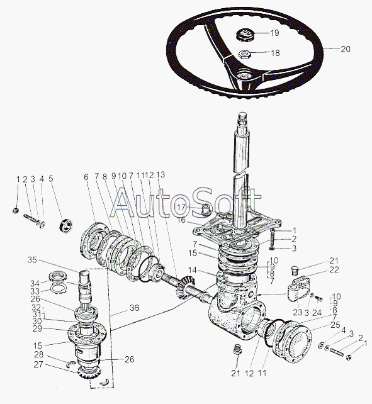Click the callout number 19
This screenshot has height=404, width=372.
274,33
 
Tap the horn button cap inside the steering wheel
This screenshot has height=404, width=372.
245,35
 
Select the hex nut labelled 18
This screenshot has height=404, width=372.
244,54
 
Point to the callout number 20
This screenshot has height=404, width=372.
346,49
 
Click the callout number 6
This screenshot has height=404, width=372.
86,177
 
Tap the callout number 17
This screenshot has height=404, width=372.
182,207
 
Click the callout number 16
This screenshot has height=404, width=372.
181,220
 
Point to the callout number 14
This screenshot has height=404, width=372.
192,270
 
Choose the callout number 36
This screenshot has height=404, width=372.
134,308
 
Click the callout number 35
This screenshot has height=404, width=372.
32,260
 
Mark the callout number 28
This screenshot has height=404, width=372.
38,354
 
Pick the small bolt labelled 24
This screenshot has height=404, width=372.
319,300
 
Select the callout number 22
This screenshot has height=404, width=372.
334,270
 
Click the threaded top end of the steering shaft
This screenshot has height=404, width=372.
242,120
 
